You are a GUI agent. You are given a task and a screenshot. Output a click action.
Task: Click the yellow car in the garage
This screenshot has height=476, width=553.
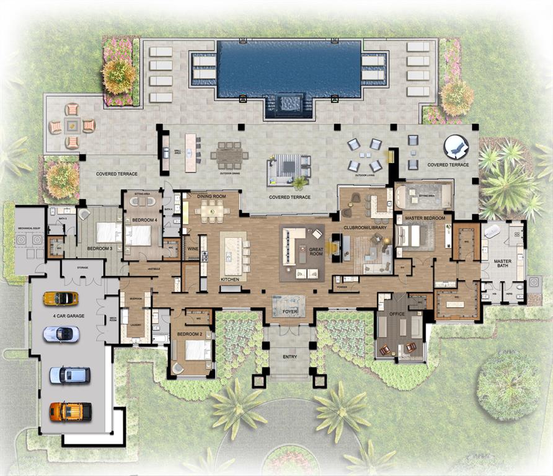click(x=61, y=299)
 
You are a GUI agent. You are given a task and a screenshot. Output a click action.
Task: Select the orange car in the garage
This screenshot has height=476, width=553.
click(x=71, y=411)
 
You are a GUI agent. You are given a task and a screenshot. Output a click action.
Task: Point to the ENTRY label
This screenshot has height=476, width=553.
click(x=290, y=357)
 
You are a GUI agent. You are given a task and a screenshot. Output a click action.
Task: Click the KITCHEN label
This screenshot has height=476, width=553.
click(x=230, y=280)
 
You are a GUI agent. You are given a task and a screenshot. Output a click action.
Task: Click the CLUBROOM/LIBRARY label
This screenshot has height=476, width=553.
click(x=365, y=227)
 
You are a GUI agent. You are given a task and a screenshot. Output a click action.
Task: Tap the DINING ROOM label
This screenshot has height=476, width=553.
click(x=209, y=196)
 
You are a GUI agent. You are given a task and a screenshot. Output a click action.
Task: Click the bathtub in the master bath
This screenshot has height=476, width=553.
click(x=493, y=231)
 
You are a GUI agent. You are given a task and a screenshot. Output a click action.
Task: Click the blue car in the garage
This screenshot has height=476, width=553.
click(x=69, y=375)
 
